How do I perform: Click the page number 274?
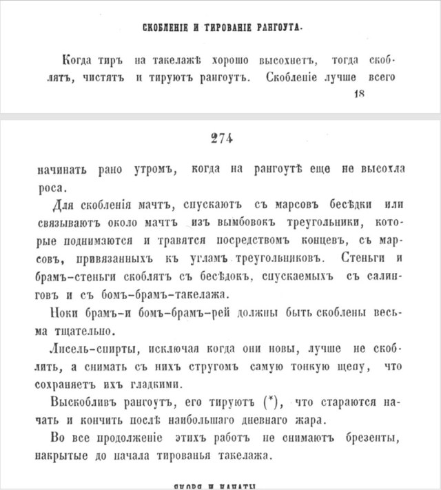point(221,139)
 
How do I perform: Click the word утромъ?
point(144,168)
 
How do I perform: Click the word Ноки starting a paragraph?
point(68,312)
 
